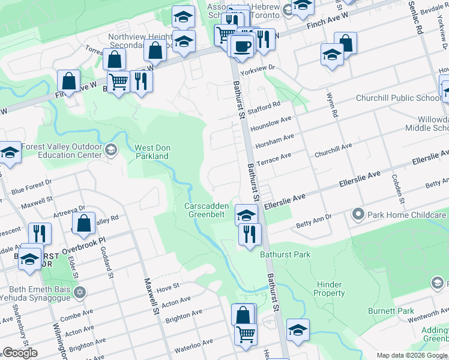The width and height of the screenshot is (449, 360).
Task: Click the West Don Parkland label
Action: click(151, 152)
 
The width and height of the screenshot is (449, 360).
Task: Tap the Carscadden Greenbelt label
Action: click(206, 209)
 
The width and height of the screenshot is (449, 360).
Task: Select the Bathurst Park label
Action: click(285, 254)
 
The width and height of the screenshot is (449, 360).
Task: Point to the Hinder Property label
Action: click(329, 289)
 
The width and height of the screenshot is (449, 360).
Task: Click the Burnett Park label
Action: click(391, 311)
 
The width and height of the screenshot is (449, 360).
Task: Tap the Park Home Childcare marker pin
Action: click(358, 214)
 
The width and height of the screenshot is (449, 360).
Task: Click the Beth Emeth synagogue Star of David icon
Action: click(80, 293)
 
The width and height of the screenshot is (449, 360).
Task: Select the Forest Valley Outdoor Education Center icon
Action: click(110, 149)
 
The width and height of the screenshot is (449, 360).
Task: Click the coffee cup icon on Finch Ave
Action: click(242, 46)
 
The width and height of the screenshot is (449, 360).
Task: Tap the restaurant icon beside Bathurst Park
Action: click(250, 233)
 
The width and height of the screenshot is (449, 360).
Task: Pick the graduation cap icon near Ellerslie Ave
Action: click(246, 214)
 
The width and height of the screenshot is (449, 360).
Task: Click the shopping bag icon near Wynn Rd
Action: click(345, 43)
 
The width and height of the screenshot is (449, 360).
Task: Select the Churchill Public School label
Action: click(398, 98)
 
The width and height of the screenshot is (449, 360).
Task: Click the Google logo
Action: click(20, 353)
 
